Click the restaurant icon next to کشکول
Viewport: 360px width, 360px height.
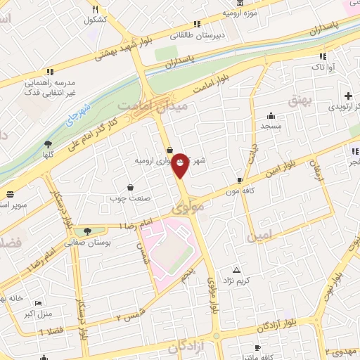95,9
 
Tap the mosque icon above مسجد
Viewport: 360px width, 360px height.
271,116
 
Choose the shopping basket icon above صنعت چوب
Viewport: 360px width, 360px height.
131,187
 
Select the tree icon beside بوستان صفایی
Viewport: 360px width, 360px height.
87,231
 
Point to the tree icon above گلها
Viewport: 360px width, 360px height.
49,144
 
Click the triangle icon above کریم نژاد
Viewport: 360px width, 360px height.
236,271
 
